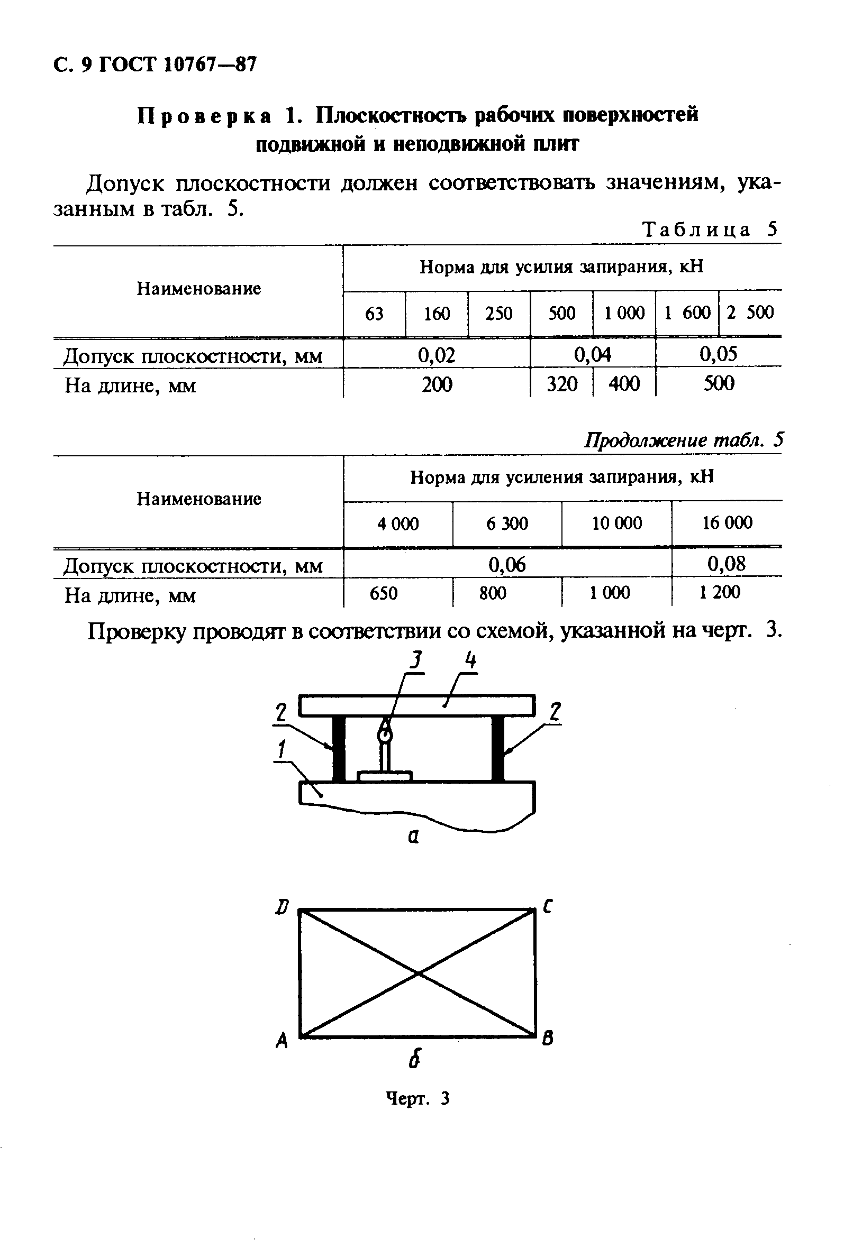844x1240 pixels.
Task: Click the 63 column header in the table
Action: click(374, 314)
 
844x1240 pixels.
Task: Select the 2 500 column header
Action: click(749, 313)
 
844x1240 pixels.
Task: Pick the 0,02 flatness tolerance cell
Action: click(436, 355)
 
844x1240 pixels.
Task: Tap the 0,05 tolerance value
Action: click(718, 354)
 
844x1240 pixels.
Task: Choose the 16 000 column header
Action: click(727, 522)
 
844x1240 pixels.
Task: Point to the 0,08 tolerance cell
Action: click(726, 564)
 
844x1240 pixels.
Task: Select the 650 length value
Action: click(383, 593)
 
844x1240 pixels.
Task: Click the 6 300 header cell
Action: click(506, 523)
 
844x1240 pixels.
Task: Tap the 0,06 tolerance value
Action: click(506, 565)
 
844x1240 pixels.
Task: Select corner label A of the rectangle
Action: click(282, 1040)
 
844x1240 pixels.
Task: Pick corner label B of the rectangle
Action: click(548, 1039)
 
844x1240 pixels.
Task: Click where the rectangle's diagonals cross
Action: click(418, 973)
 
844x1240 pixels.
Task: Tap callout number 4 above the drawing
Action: click(470, 663)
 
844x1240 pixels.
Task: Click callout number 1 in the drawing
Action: click(281, 750)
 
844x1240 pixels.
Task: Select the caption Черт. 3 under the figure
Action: click(418, 1099)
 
